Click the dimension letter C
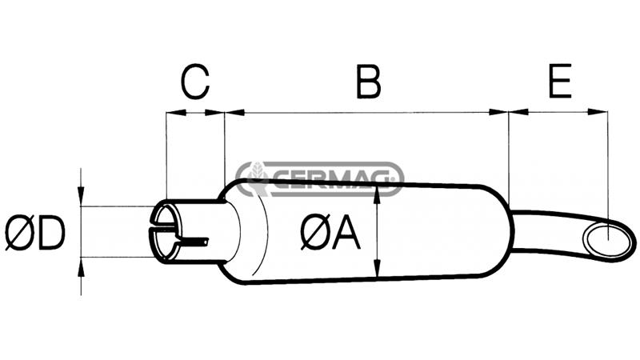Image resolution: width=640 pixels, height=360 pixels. coord(194,82)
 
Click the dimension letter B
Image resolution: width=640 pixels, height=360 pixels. coord(367,82)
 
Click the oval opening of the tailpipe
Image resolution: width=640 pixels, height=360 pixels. coord(610,238)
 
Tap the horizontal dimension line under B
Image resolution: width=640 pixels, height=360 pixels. coord(367,113)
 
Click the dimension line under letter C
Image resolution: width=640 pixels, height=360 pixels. coord(194,113)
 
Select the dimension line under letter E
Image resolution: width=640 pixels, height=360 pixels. coord(558,113)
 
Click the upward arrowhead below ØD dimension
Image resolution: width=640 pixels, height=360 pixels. coord(81,265)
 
